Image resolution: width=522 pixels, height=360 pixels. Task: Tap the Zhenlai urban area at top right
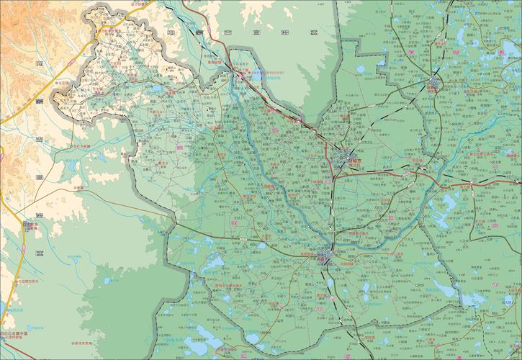point(433,85)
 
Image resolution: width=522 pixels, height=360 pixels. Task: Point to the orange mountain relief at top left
point(22,29)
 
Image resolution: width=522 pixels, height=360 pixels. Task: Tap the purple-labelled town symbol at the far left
point(29,225)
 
